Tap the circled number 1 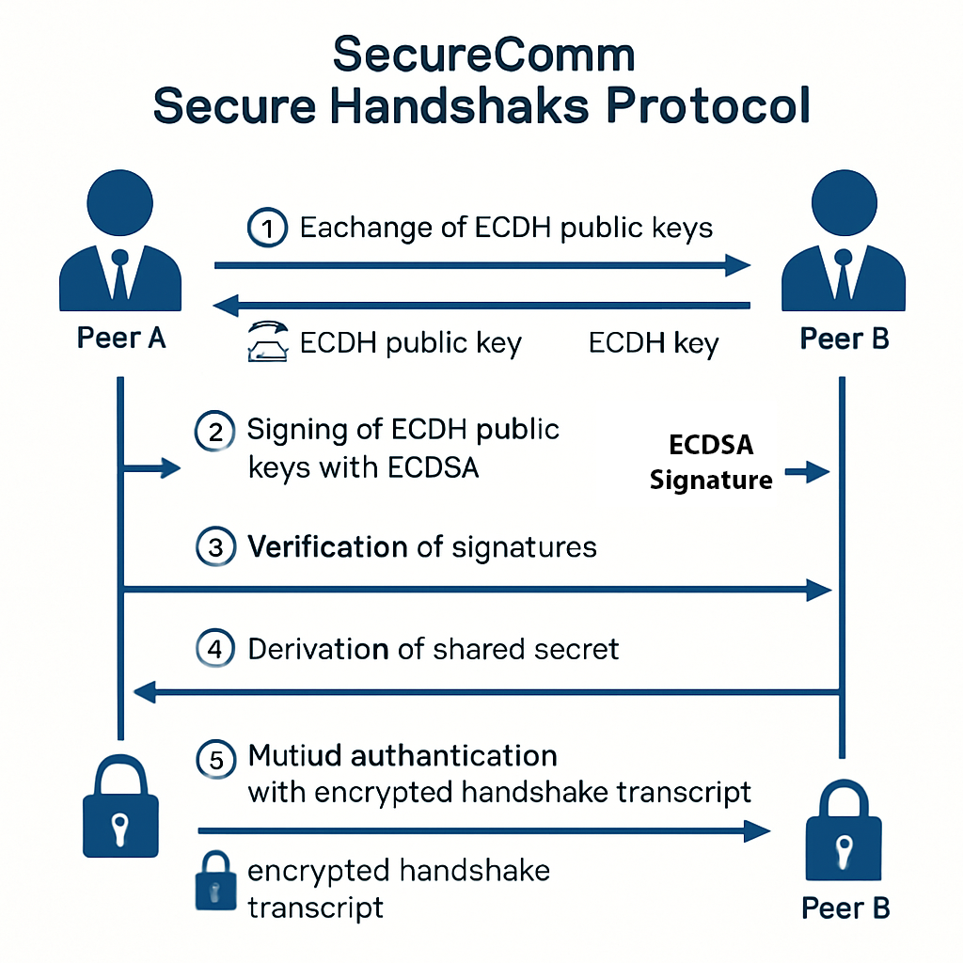coord(267,228)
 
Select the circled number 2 coord(213,433)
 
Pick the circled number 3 coord(215,547)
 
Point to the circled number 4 coord(215,649)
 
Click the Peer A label coord(120,339)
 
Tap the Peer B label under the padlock coord(845,908)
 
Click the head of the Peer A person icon coord(119,201)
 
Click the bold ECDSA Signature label coord(711,462)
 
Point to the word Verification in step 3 coord(327,546)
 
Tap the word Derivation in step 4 coord(318,649)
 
